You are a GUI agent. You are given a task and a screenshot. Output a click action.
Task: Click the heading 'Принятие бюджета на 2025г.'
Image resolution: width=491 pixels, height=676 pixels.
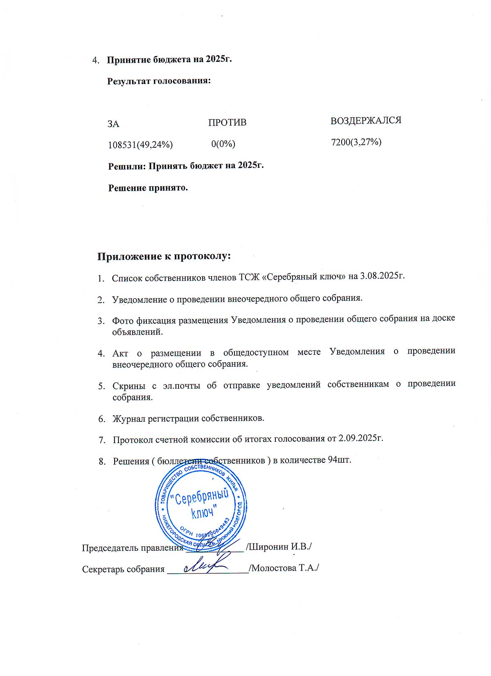coord(169,59)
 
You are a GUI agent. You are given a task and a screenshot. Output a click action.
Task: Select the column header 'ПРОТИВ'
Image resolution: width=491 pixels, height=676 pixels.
coord(227,122)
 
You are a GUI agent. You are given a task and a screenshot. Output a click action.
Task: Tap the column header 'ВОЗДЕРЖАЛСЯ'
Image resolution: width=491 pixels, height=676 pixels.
coord(366,120)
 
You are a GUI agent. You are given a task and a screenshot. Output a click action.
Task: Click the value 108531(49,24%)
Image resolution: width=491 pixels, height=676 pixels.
coord(140,144)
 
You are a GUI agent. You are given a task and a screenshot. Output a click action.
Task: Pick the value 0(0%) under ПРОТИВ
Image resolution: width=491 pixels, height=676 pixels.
coord(223,144)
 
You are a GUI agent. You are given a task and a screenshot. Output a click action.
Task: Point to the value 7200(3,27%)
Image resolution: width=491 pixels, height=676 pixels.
coord(356,142)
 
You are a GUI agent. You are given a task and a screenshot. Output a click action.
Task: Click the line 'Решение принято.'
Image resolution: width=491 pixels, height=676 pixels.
coord(148,188)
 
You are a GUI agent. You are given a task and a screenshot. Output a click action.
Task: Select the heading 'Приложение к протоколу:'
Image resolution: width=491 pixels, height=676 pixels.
coord(164,257)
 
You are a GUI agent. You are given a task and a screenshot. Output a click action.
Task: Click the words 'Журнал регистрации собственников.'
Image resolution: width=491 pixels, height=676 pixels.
coord(188,418)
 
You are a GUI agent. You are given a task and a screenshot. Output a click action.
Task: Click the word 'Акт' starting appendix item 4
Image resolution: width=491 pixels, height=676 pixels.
coord(120,352)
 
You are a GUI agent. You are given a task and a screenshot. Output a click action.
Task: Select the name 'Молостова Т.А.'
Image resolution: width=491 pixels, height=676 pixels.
coord(285,568)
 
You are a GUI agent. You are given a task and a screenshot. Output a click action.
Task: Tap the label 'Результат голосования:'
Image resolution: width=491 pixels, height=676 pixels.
coord(159,81)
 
